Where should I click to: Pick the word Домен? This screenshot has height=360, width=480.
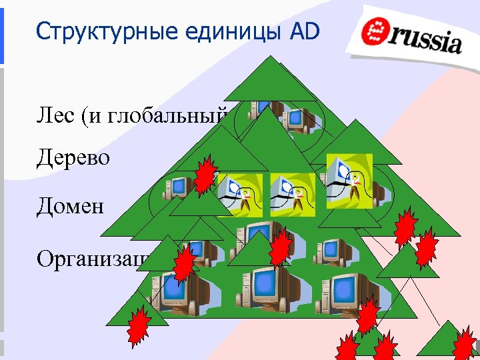tap(71, 205)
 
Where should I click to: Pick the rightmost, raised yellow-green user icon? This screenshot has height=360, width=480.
tap(349, 175)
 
